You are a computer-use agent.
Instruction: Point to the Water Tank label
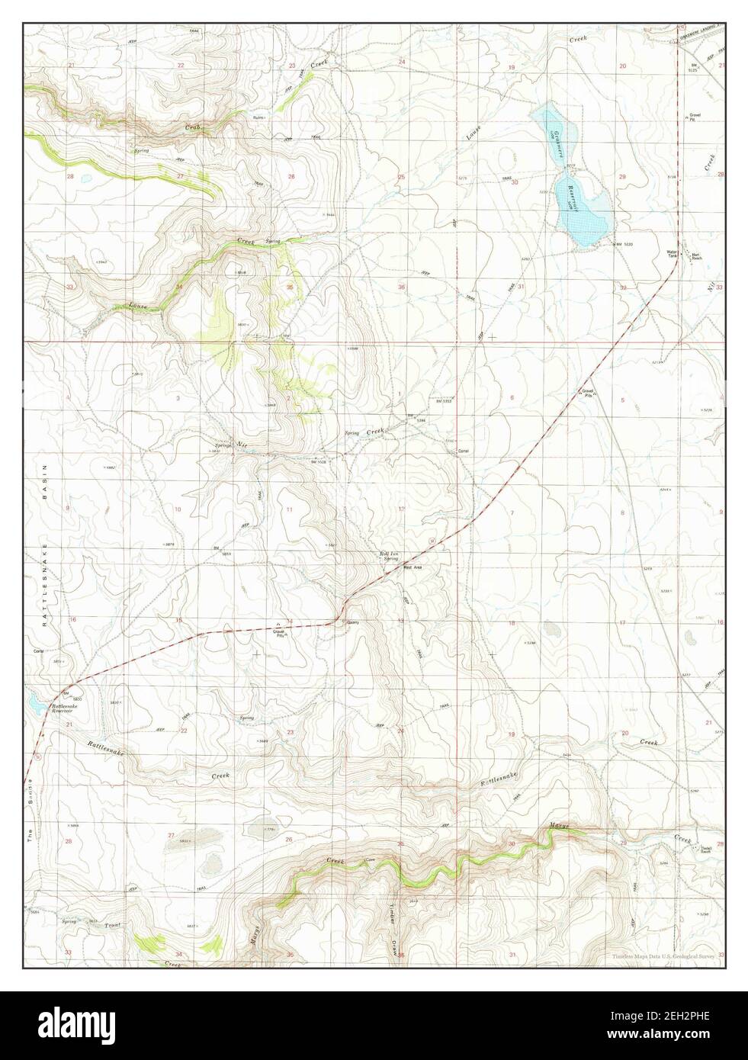[x=672, y=254]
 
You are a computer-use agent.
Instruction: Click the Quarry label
[x=352, y=622]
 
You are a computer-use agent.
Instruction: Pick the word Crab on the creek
[x=192, y=128]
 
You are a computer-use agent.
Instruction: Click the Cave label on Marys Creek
[x=369, y=859]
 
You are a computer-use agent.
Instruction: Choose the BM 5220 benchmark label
[x=625, y=243]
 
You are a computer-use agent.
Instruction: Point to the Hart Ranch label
[x=697, y=256]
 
